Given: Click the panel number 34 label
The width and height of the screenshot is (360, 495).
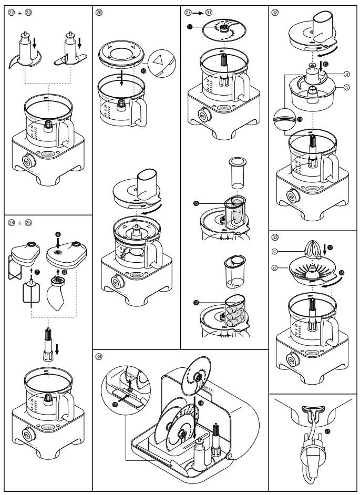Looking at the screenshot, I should [x=99, y=356].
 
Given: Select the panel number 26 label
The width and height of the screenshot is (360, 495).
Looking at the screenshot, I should [x=99, y=12].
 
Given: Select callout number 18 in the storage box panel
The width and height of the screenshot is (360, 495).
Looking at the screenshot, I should [x=201, y=403].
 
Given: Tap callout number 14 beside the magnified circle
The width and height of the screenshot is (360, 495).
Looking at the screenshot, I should [x=300, y=120].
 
